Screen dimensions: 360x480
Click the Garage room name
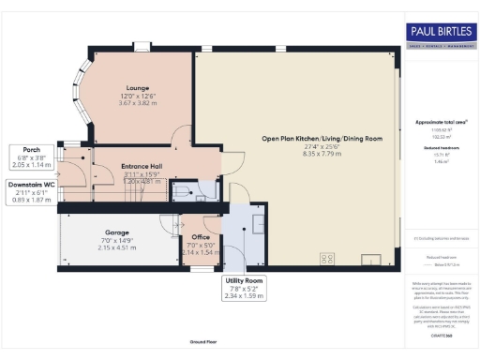tap(117, 232)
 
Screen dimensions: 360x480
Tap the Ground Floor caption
tap(203, 342)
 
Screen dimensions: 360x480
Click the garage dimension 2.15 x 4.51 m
tap(118, 247)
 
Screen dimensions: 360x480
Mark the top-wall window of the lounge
tap(142, 46)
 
